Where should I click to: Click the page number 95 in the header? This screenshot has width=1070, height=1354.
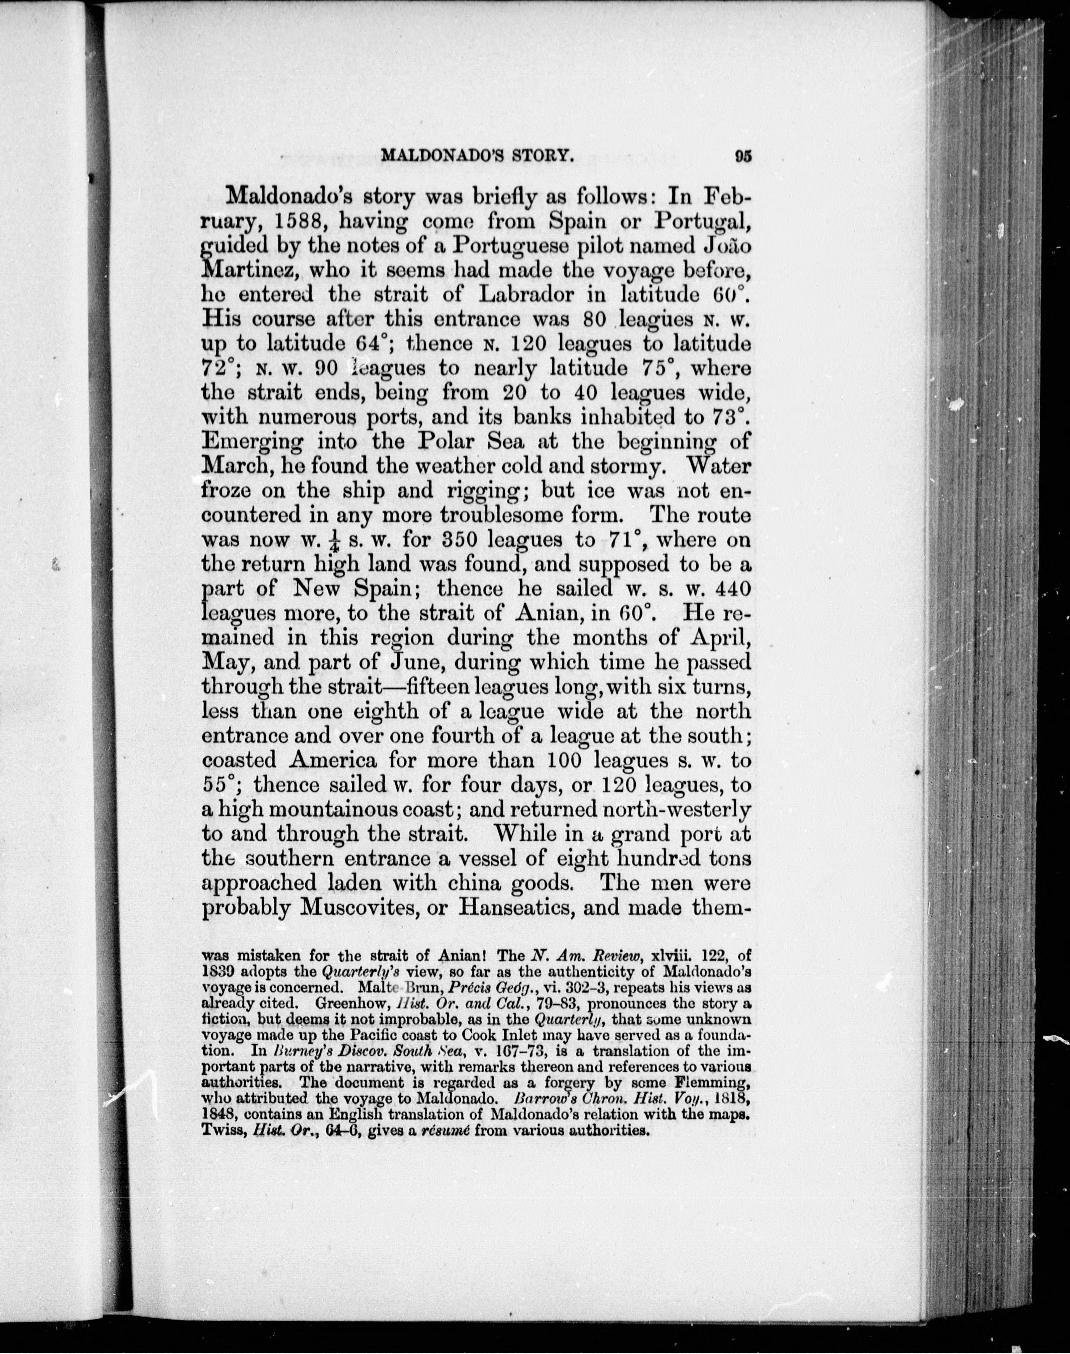[744, 157]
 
